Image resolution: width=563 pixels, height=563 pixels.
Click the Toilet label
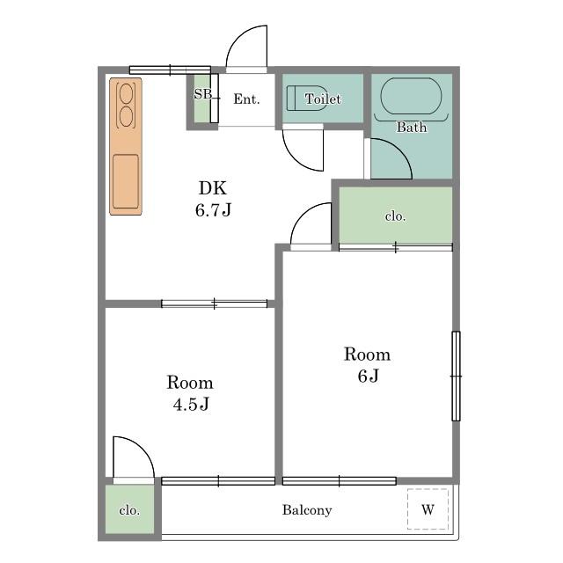[323, 99]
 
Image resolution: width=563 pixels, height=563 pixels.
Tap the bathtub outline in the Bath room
[411, 78]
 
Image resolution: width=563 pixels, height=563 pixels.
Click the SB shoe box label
[203, 94]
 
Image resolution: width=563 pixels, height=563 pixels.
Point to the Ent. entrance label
[246, 99]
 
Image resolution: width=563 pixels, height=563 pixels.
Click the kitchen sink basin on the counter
[126, 182]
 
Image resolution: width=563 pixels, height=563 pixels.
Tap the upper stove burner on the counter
[126, 91]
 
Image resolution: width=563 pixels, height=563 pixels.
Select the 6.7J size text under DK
[213, 210]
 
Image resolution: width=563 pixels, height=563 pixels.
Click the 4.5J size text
[191, 405]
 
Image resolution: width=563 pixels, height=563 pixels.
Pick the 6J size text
[368, 376]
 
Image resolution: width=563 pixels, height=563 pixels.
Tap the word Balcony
[307, 510]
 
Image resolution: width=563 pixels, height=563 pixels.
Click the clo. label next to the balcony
[129, 510]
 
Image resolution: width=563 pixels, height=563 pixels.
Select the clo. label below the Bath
[395, 216]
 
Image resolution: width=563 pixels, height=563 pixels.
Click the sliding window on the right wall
[456, 376]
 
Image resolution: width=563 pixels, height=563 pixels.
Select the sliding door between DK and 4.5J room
[215, 303]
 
